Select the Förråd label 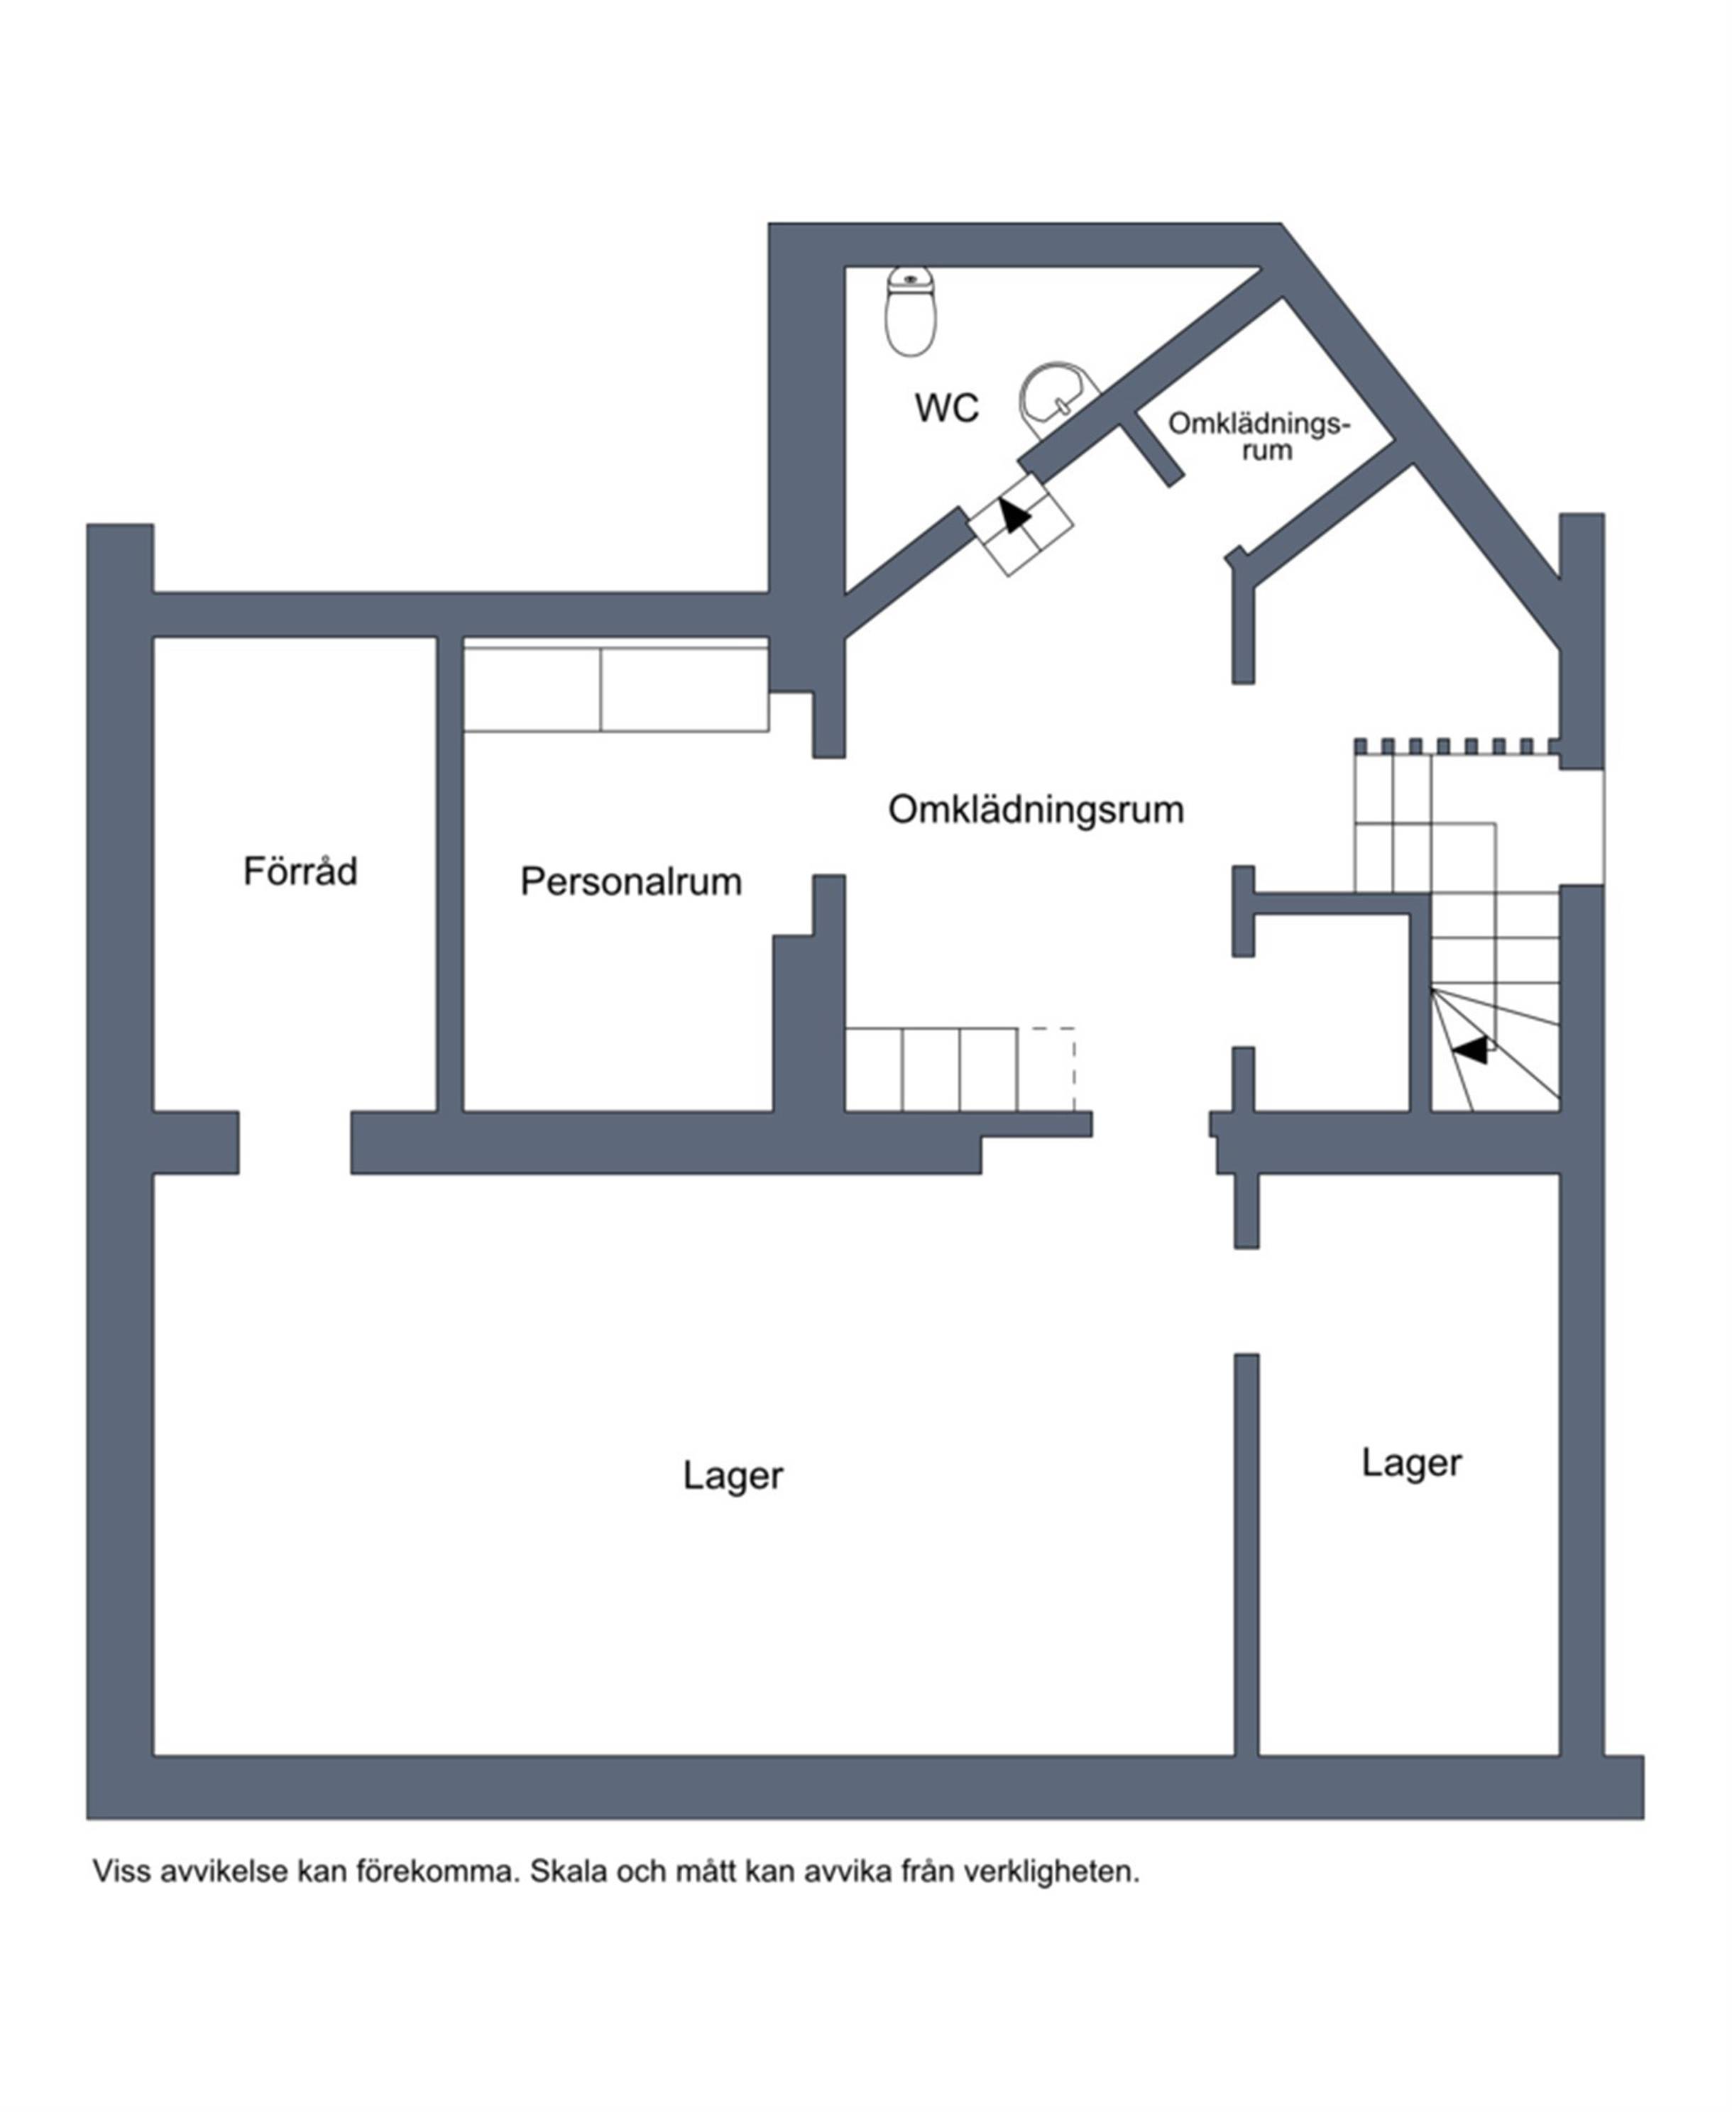coord(300,870)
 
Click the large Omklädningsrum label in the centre coord(1036,809)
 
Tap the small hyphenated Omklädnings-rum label coord(1259,436)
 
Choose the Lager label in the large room coord(733,1475)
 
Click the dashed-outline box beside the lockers coord(1046,1069)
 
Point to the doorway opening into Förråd coord(295,1143)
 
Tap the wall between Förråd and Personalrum coord(450,874)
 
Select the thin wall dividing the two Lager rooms coord(1246,1554)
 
